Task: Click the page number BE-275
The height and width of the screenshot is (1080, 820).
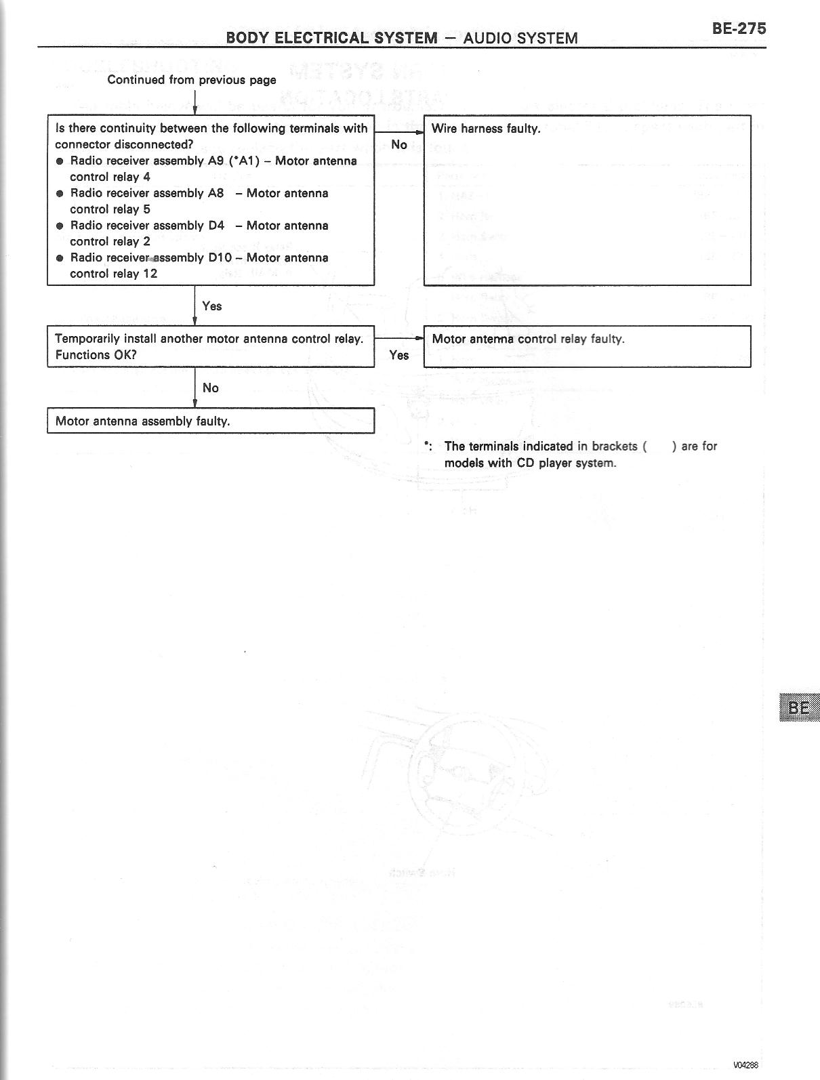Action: tap(739, 28)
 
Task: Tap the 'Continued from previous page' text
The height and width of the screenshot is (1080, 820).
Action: tap(192, 80)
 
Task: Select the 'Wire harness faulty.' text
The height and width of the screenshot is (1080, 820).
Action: tap(486, 129)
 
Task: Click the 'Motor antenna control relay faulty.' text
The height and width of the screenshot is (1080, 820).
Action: tap(528, 339)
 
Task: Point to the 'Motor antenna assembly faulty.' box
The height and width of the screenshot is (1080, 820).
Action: tap(210, 421)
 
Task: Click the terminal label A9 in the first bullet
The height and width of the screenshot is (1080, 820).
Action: tap(216, 161)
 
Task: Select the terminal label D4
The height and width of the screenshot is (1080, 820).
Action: tap(216, 226)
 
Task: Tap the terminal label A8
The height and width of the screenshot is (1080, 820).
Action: tap(216, 193)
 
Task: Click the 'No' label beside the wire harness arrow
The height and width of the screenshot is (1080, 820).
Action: tap(399, 144)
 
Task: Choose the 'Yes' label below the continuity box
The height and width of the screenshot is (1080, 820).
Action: tap(211, 306)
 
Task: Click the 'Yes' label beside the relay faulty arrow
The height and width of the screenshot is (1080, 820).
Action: tap(399, 355)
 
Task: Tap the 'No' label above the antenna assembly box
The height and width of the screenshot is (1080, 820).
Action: tap(211, 388)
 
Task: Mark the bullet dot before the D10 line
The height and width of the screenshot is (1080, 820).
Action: tap(60, 258)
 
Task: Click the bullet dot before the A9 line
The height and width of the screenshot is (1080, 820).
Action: tap(60, 161)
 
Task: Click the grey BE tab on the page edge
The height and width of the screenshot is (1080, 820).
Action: tap(798, 707)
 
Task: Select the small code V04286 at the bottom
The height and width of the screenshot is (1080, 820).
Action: tap(745, 1065)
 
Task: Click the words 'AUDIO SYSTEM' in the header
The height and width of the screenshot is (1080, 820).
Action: tap(520, 38)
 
